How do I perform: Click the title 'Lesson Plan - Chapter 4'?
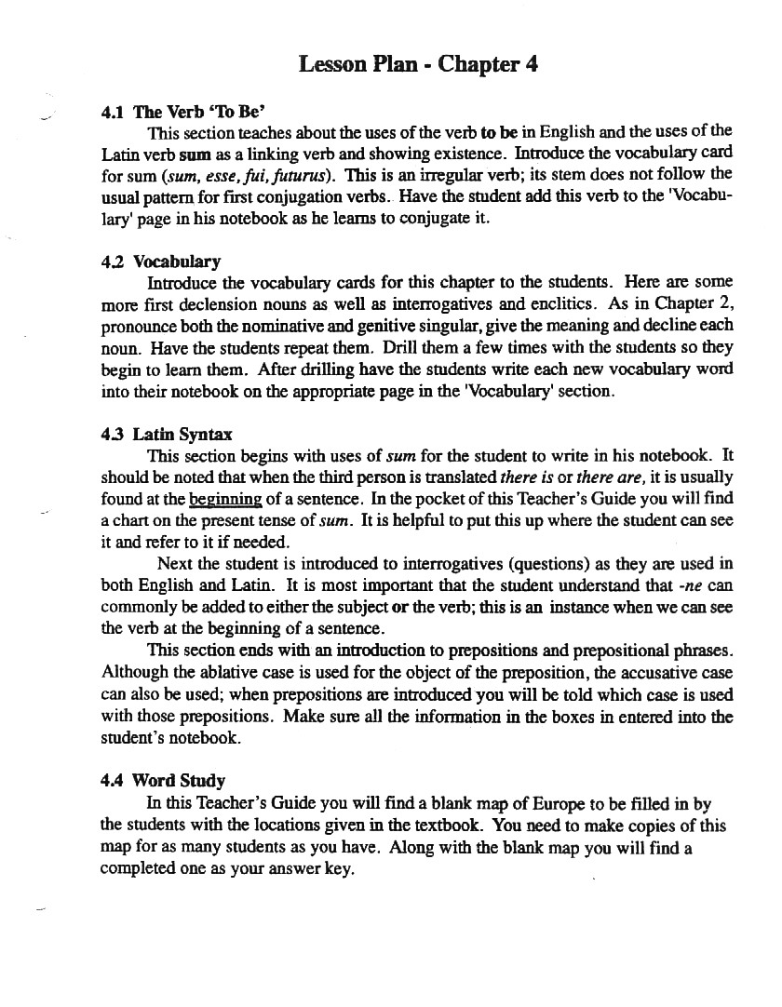pos(418,64)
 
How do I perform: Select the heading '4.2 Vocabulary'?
pos(160,262)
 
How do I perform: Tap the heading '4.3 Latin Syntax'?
pos(167,435)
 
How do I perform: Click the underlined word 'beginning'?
pos(226,499)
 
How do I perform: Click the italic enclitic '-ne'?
pos(689,586)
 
